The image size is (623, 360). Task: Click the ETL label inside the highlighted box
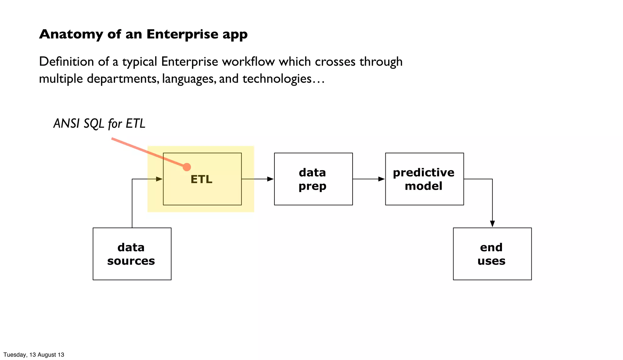coord(201,179)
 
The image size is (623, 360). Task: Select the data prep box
coord(313,179)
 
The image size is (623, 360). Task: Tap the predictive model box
coord(424,179)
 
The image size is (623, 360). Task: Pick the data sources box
coord(132,254)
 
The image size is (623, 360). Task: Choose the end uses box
coord(492,254)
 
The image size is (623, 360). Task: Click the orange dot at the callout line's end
coord(187,167)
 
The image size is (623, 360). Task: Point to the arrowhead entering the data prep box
coord(270,179)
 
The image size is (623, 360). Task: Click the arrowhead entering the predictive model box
coord(381,179)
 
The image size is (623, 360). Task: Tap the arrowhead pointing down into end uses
coord(492,224)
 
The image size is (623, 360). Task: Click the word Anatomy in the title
coord(71,34)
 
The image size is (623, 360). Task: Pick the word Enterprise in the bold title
coord(182,34)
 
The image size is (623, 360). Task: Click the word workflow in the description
coord(248,62)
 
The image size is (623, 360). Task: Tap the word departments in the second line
coord(123,79)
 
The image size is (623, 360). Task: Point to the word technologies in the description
coord(277,79)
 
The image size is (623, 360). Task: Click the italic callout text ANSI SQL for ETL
coord(99,124)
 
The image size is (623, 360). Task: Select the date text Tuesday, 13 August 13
coord(34,355)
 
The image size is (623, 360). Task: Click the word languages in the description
coord(189,79)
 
